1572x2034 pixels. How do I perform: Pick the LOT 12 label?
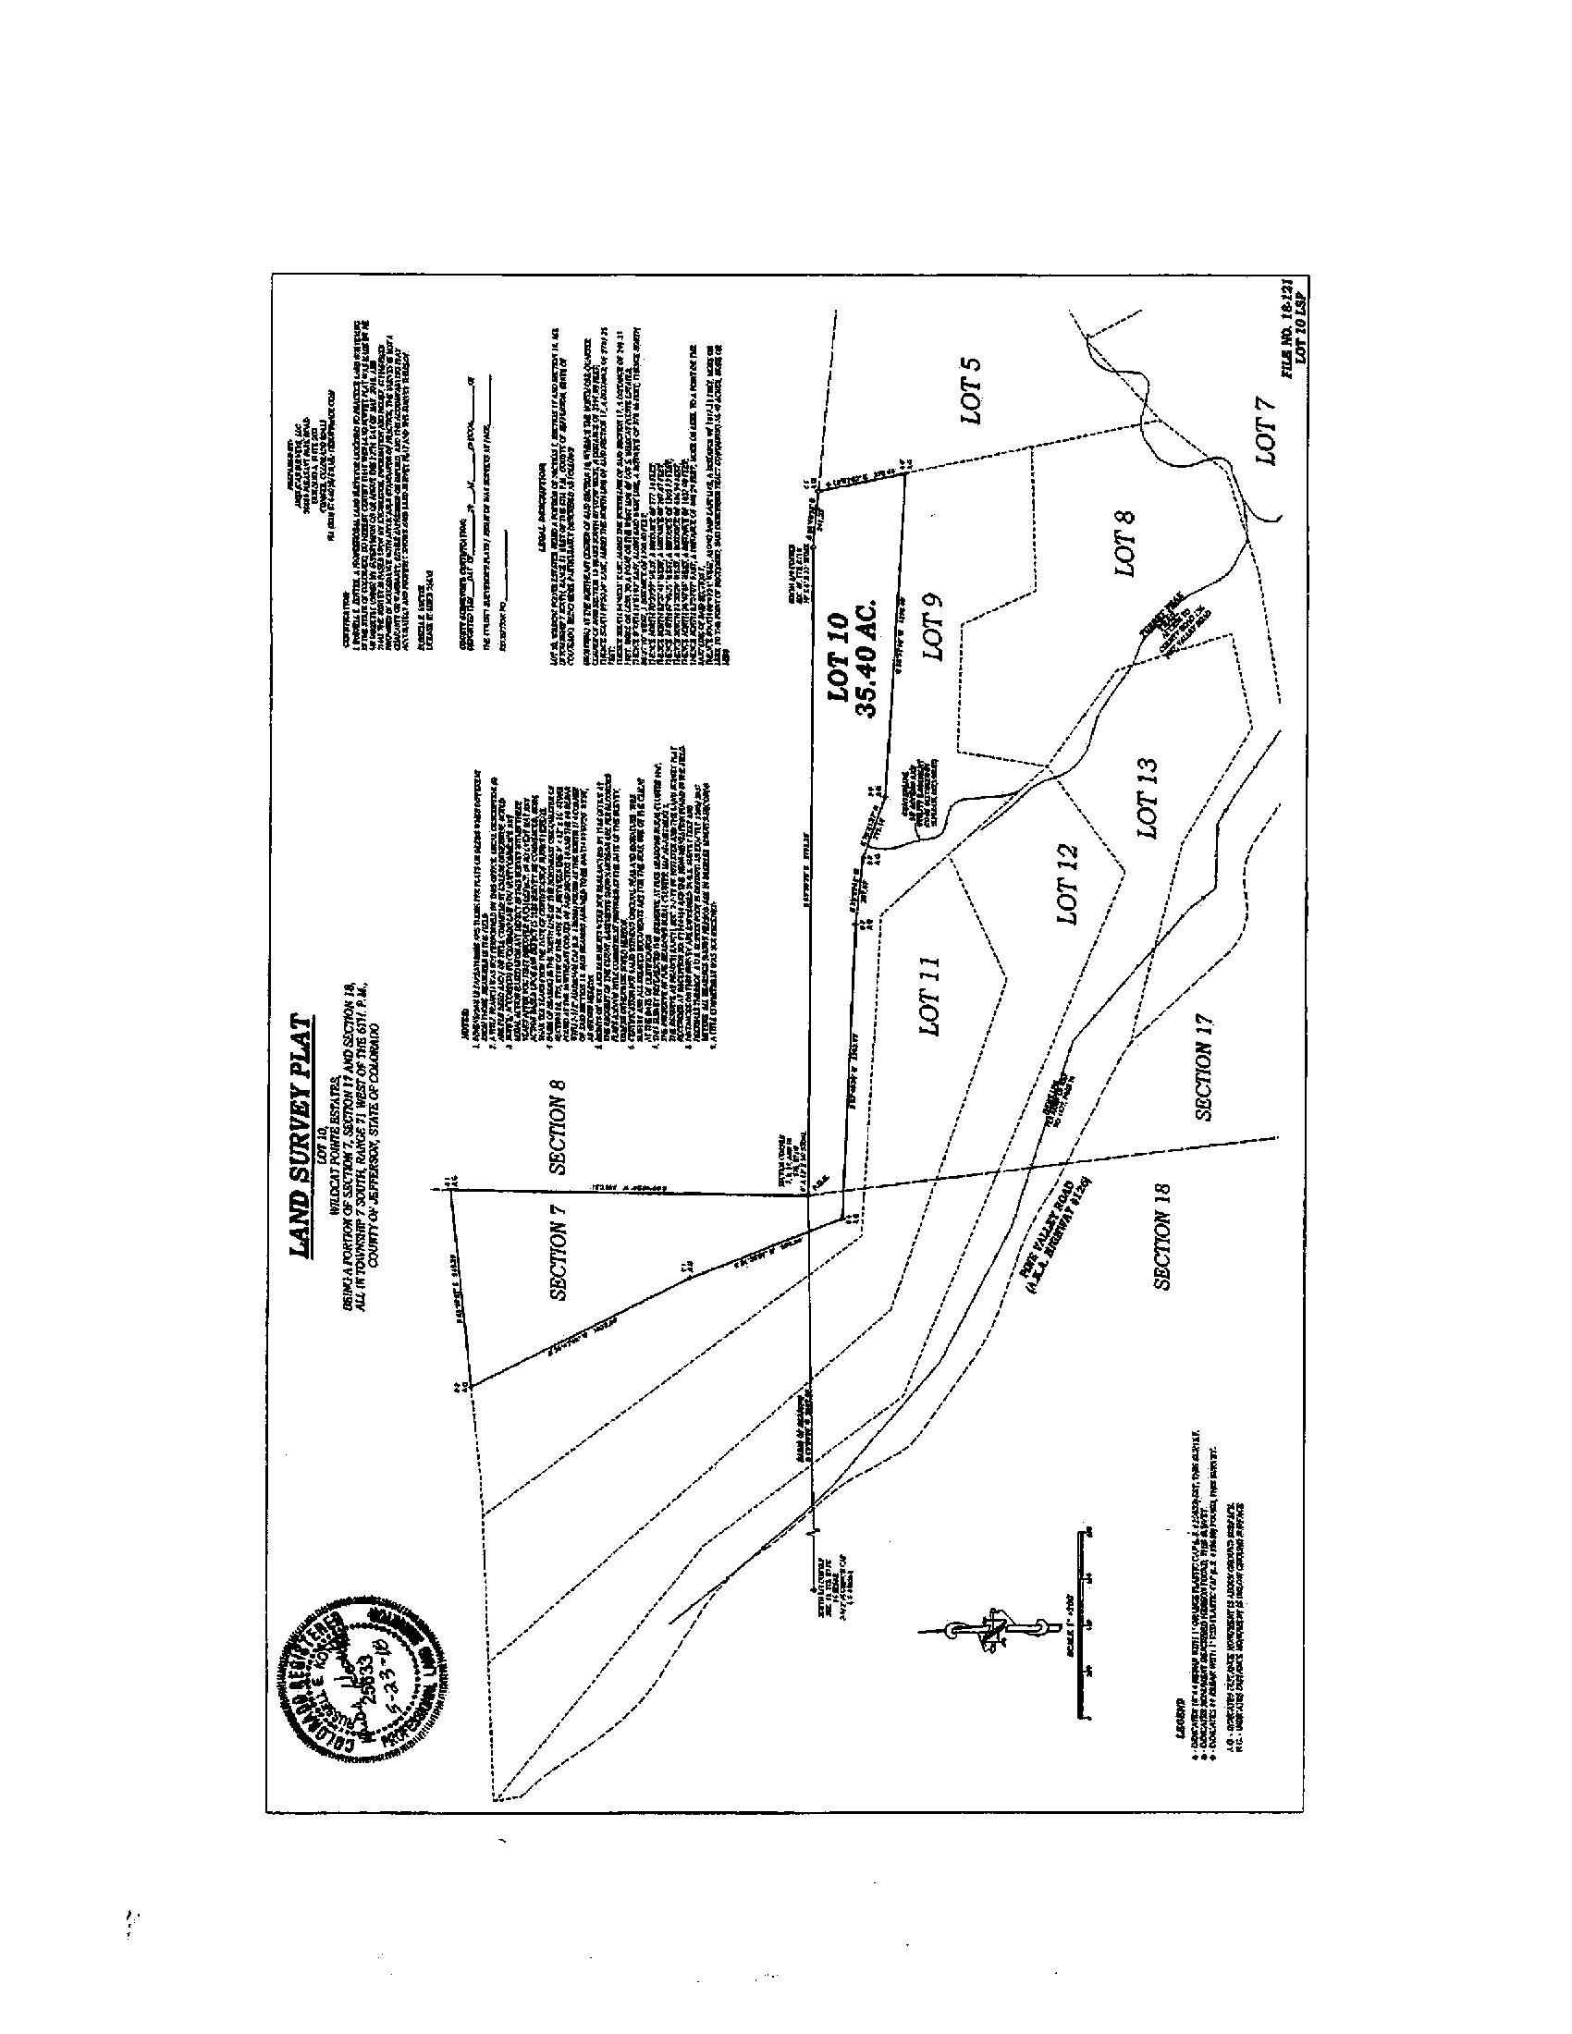1066,883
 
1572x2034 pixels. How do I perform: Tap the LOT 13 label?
1148,798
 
